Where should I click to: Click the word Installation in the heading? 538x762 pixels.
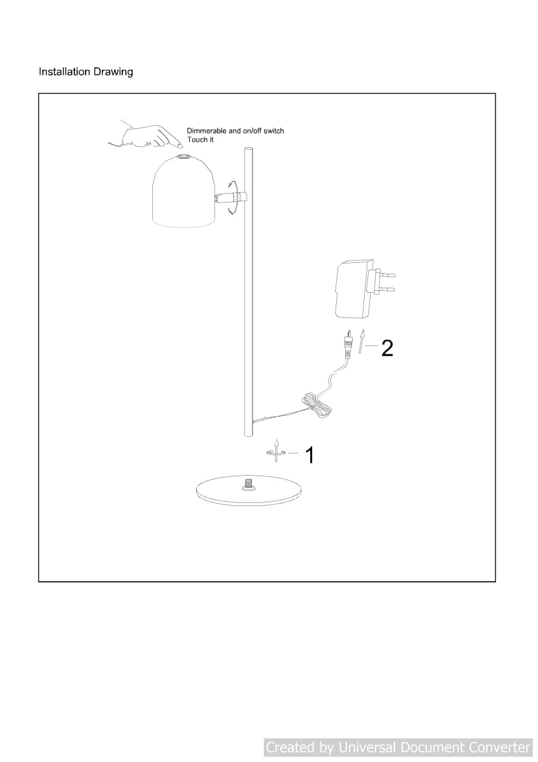click(64, 71)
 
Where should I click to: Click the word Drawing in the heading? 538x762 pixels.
click(113, 72)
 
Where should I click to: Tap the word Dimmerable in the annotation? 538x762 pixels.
click(207, 131)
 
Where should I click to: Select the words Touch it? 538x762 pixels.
click(200, 140)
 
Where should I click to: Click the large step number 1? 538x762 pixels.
click(310, 455)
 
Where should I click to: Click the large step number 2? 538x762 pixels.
click(387, 348)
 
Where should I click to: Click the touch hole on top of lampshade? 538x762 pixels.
click(185, 157)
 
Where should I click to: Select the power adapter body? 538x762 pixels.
click(353, 289)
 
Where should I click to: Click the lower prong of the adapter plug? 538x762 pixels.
click(388, 290)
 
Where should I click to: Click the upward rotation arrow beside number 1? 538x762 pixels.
click(277, 450)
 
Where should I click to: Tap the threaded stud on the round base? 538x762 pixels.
click(249, 483)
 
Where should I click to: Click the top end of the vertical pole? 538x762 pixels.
click(249, 149)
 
